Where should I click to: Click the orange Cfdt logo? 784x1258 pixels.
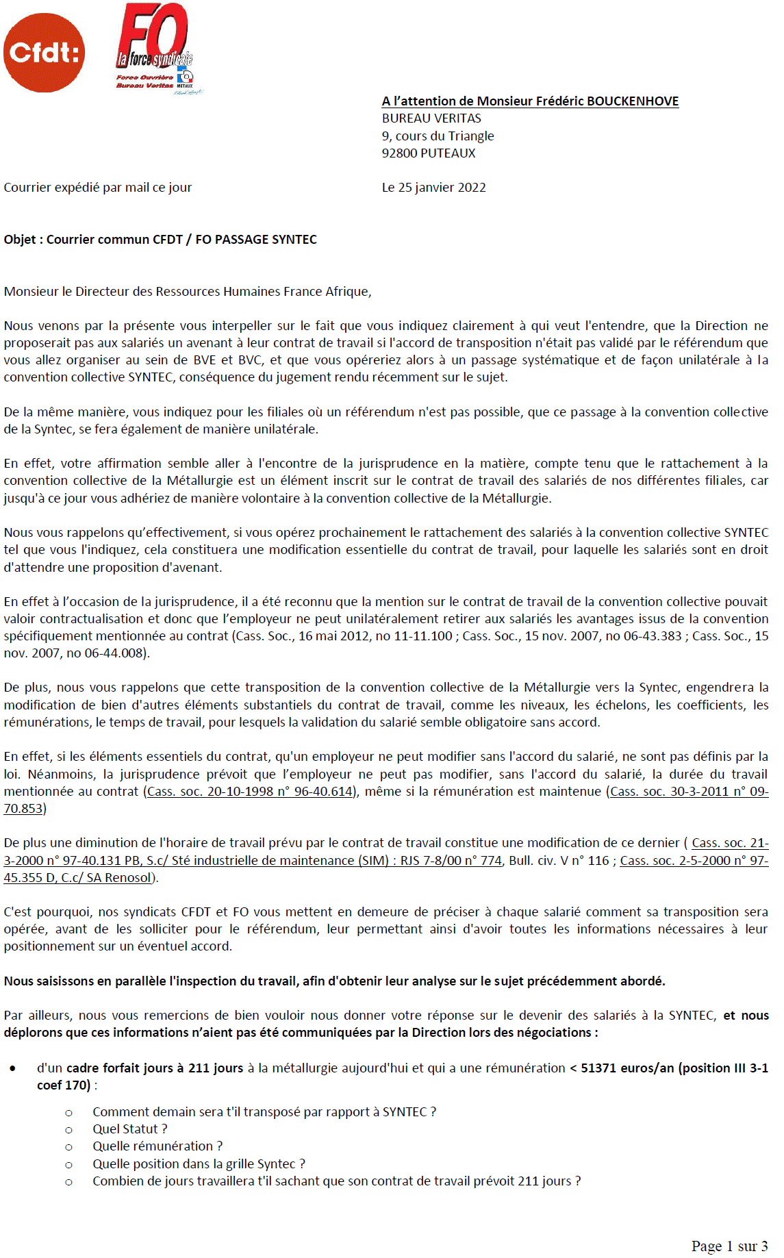click(x=45, y=53)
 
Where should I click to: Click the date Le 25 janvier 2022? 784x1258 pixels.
click(x=433, y=188)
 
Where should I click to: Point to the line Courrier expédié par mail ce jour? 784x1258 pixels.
click(x=98, y=188)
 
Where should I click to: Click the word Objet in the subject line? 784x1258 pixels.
click(x=19, y=240)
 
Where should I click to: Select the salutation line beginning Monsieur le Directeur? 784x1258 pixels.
click(x=188, y=292)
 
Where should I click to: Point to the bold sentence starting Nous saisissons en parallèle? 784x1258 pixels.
click(x=334, y=981)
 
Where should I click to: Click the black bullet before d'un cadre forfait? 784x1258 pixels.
click(x=13, y=1068)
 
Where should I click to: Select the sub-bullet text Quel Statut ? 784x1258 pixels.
click(x=130, y=1129)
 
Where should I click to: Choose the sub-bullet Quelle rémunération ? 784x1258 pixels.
click(x=157, y=1146)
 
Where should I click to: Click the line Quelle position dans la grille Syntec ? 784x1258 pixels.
click(x=199, y=1164)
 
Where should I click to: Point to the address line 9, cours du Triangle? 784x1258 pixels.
click(x=438, y=136)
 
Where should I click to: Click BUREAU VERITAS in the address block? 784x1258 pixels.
click(x=431, y=118)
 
